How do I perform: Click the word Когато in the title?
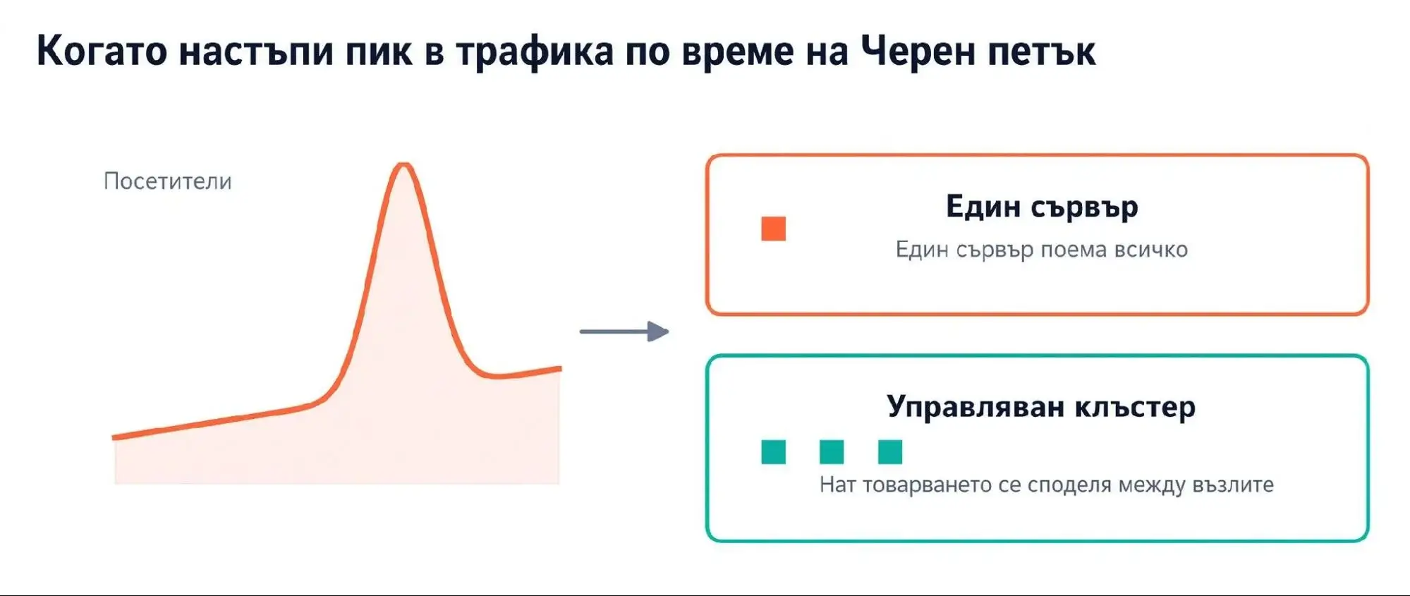(102, 51)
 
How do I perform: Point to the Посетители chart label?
(168, 181)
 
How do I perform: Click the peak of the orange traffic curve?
(403, 165)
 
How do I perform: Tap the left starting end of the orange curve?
(114, 437)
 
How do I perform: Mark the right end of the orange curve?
(560, 368)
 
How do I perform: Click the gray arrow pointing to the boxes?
(624, 332)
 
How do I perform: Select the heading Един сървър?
(1042, 207)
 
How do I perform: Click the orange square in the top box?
(774, 229)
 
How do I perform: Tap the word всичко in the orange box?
(1151, 250)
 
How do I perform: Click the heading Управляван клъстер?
(1041, 407)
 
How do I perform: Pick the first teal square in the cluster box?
(774, 452)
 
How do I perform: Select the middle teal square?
(832, 452)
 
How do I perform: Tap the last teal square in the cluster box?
(890, 452)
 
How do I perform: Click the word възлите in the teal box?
(1233, 485)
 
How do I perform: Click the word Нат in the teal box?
(837, 485)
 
